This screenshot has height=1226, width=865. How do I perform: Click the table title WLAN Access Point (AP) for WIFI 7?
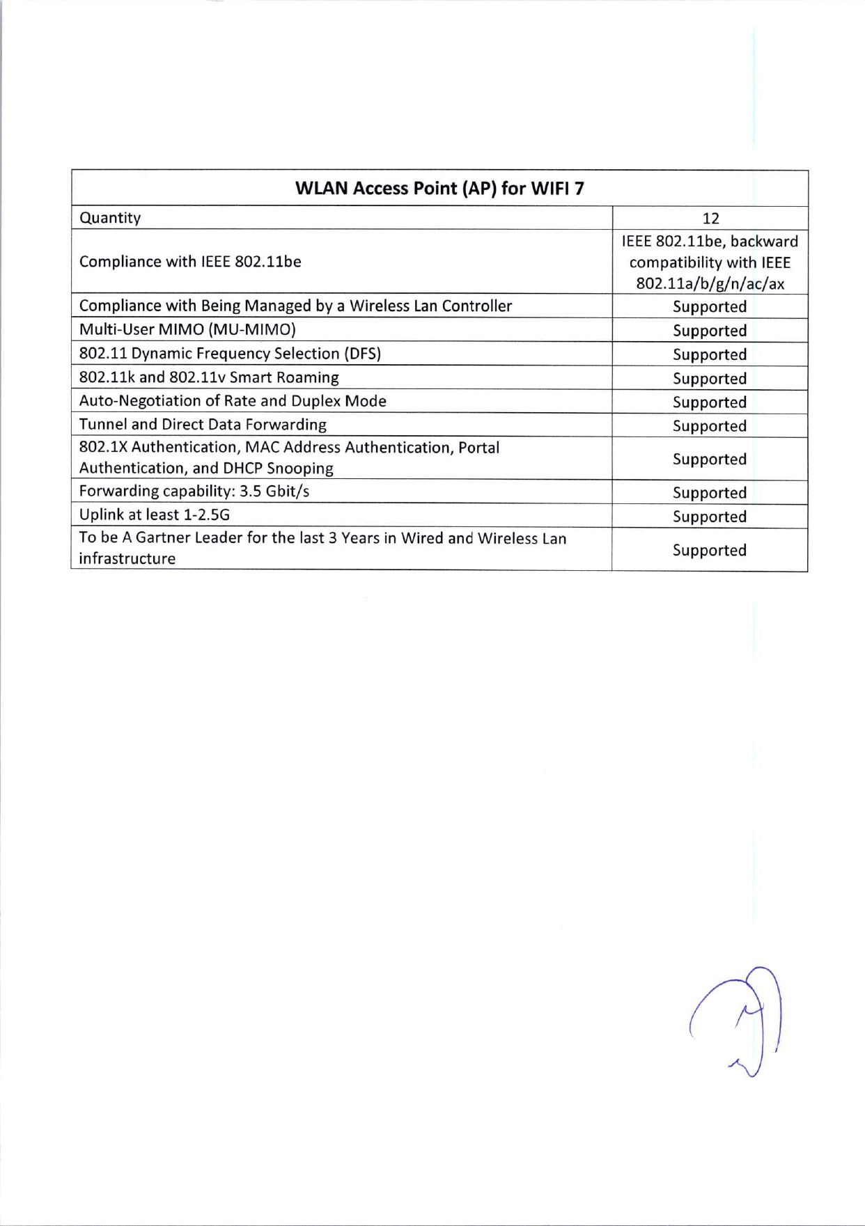pyautogui.click(x=439, y=189)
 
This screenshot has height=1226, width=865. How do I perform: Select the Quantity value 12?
pyautogui.click(x=710, y=219)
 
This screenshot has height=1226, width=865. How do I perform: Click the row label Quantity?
pyautogui.click(x=110, y=218)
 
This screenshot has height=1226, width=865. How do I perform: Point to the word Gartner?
pyautogui.click(x=164, y=538)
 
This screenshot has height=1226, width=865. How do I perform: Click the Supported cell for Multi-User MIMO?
pyautogui.click(x=710, y=331)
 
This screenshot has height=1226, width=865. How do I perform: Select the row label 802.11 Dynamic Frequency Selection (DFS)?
pyautogui.click(x=230, y=354)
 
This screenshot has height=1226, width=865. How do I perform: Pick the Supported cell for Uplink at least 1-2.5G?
pyautogui.click(x=710, y=517)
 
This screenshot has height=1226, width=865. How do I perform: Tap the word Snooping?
pyautogui.click(x=300, y=469)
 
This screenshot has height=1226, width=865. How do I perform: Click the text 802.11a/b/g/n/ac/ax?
pyautogui.click(x=710, y=284)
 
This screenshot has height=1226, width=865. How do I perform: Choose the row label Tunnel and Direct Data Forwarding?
pyautogui.click(x=203, y=425)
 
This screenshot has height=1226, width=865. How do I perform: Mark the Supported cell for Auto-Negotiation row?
pyautogui.click(x=710, y=402)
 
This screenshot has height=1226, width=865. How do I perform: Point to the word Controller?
pyautogui.click(x=477, y=306)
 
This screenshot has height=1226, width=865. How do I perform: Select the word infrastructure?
pyautogui.click(x=127, y=559)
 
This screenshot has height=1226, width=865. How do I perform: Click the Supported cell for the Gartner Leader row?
pyautogui.click(x=710, y=550)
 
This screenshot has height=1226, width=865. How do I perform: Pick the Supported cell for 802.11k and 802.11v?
pyautogui.click(x=710, y=379)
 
